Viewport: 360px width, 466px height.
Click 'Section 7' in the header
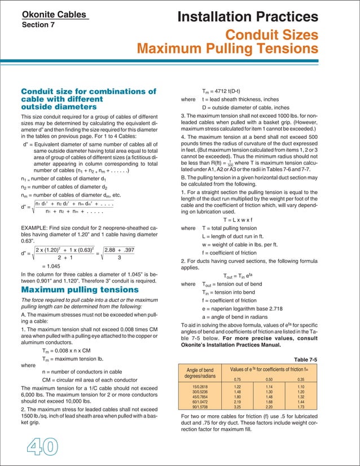38,25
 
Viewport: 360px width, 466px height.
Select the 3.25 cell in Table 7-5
238,406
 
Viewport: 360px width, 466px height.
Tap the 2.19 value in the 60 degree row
238,402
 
